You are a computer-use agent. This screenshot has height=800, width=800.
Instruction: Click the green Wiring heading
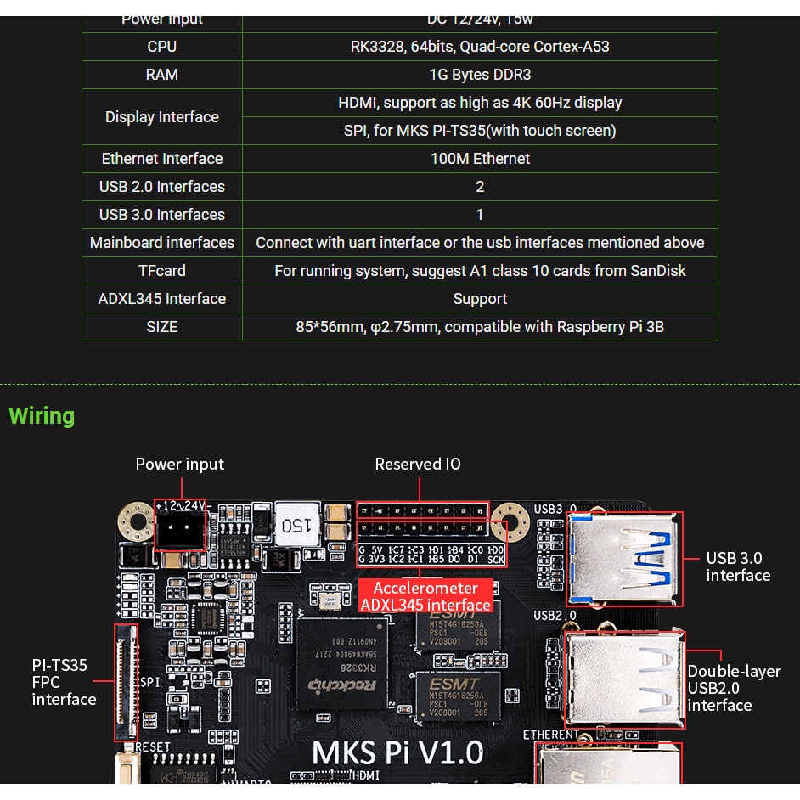point(42,416)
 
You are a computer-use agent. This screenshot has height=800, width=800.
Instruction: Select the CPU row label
point(161,47)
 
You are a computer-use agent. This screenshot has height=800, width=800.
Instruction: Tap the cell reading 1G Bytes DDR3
point(480,75)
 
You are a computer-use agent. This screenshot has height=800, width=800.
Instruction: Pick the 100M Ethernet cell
point(480,159)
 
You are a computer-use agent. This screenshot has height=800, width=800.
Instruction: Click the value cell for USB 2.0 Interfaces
point(480,187)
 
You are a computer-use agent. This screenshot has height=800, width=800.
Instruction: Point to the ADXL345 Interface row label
point(161,299)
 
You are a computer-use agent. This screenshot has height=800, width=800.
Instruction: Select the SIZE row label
point(161,327)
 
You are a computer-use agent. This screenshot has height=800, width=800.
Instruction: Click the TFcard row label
point(161,271)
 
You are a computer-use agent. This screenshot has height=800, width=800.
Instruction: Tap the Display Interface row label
point(161,117)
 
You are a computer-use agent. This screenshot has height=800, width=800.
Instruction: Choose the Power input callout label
point(180,465)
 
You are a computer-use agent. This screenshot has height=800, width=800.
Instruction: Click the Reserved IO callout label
point(418,465)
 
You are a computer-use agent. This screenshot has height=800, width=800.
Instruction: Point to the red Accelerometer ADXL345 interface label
point(425,596)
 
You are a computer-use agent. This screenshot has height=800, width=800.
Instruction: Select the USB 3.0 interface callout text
point(738,566)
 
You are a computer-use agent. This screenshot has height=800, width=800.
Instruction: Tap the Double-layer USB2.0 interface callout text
point(733,688)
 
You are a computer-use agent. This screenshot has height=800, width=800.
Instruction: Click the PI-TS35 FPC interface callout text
point(63,682)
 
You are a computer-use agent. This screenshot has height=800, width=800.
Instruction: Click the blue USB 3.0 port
point(624,558)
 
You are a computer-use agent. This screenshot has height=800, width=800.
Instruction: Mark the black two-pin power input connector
point(179,530)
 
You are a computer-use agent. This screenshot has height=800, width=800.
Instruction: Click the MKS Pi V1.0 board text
point(397,752)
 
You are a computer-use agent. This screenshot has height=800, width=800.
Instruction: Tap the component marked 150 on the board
point(296,524)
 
